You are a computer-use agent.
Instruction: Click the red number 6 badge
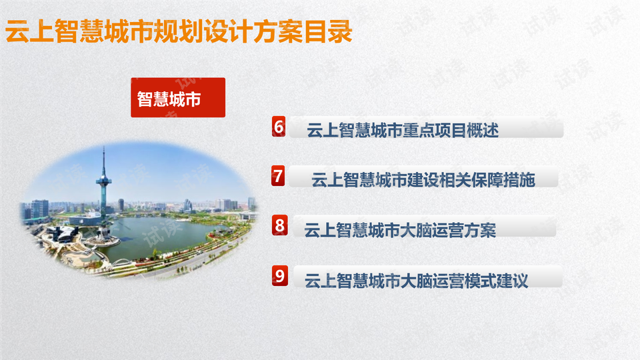(279, 126)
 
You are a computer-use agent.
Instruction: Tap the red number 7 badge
(279, 176)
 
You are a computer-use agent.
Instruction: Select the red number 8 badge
(279, 225)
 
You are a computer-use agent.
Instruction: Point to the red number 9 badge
(279, 275)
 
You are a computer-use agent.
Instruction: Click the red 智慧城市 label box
(178, 97)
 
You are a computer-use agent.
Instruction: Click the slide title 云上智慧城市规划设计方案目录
(179, 31)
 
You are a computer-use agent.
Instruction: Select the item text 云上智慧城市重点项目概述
(403, 131)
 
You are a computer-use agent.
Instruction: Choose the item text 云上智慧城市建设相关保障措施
(423, 180)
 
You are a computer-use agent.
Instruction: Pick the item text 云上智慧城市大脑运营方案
(400, 230)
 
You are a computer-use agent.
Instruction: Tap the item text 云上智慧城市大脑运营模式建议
(416, 281)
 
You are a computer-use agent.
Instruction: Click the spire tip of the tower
(104, 147)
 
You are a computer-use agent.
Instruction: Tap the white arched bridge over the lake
(123, 261)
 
